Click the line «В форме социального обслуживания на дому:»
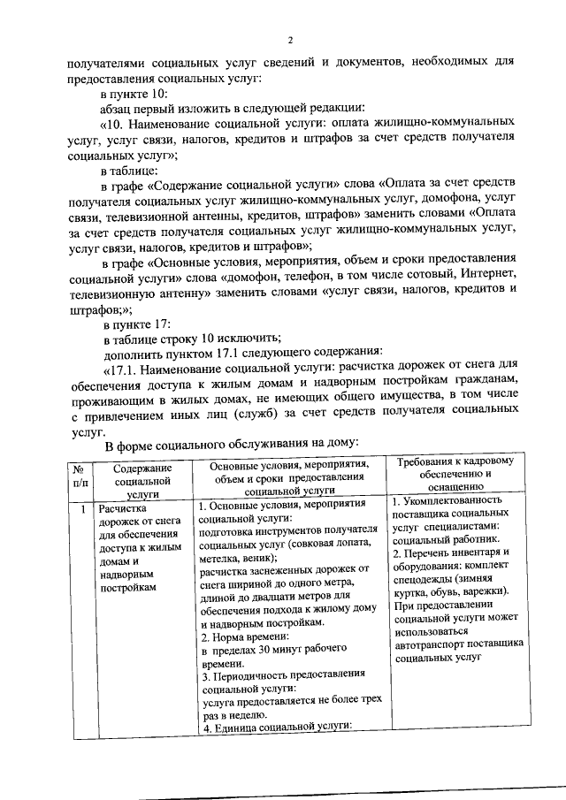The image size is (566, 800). [230, 442]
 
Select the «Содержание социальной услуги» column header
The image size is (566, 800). [141, 478]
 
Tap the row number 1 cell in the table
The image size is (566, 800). [80, 508]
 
